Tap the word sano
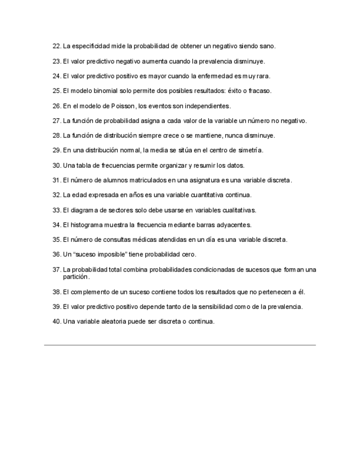[x=267, y=46]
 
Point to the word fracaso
[x=259, y=91]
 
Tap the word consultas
[x=120, y=239]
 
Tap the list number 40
[x=56, y=321]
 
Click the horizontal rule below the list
[x=180, y=345]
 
